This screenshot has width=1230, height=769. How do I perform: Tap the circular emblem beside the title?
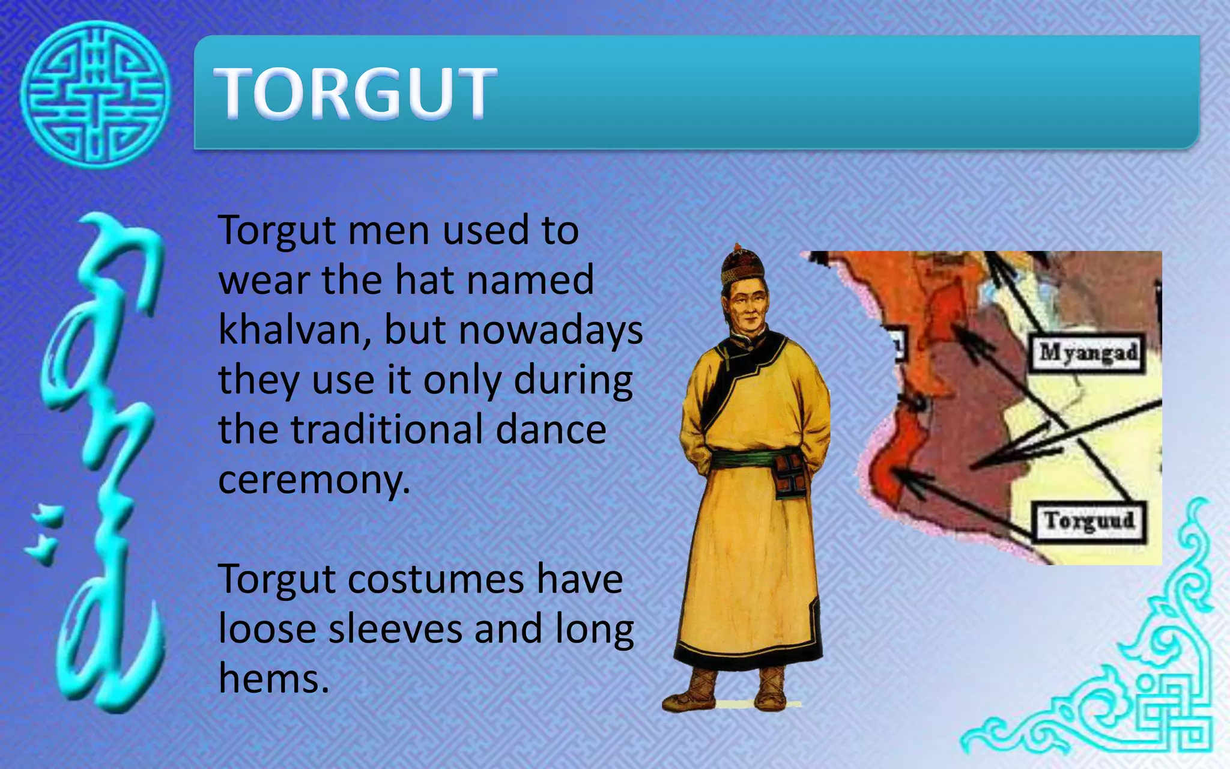pos(95,94)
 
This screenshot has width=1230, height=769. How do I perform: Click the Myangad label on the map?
pos(1088,353)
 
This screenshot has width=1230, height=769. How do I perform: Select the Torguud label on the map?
pos(1089,521)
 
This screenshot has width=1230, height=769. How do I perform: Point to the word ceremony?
pos(314,480)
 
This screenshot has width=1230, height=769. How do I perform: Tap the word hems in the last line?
pos(273,679)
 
